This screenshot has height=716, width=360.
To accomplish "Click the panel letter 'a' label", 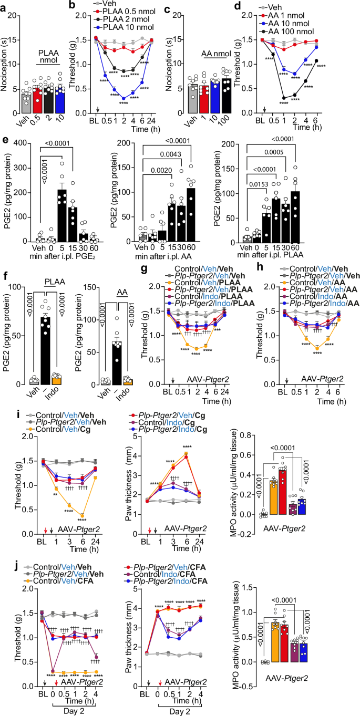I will (4, 5).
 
